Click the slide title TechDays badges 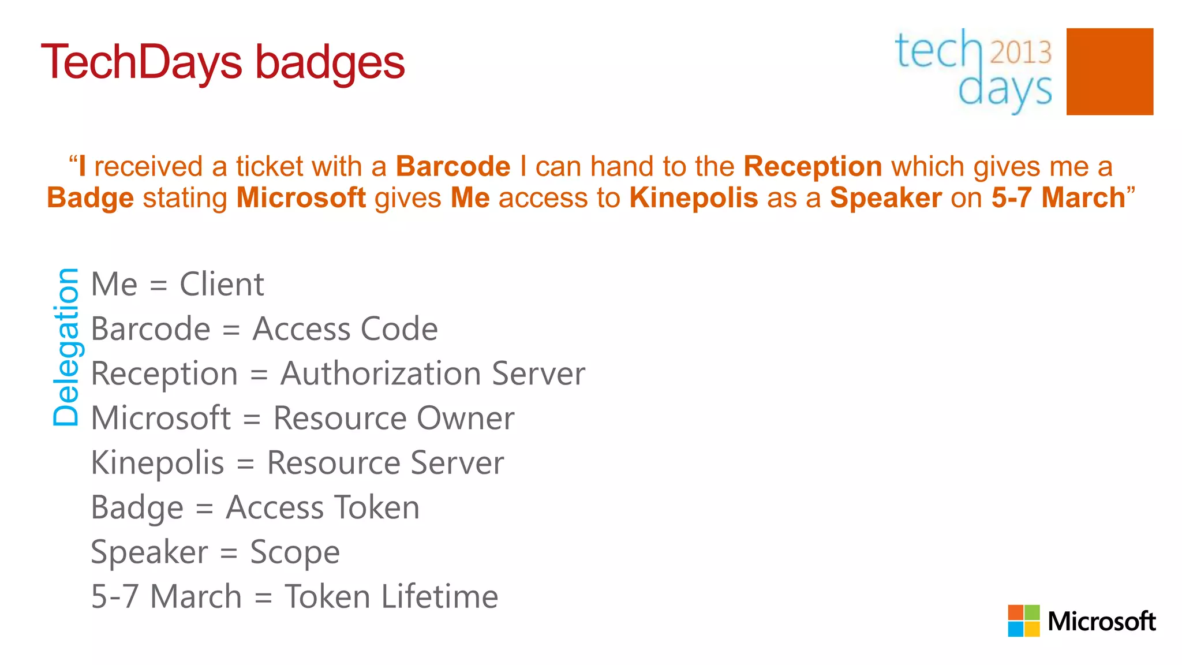point(223,62)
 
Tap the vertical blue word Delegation point(66,347)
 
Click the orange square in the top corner point(1109,72)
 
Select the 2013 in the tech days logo point(1020,52)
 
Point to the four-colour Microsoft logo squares point(1023,621)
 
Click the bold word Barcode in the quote point(453,167)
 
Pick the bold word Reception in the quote point(813,167)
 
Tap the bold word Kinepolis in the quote point(693,198)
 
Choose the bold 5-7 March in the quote point(1058,198)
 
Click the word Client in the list point(222,285)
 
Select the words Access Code point(345,329)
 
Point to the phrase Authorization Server point(432,373)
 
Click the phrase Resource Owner point(394,418)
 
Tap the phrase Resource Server point(385,463)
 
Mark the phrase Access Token point(322,507)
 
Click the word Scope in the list point(294,552)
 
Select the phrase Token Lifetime point(391,597)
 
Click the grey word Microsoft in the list point(161,418)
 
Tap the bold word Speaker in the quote point(886,198)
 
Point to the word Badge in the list point(137,508)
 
